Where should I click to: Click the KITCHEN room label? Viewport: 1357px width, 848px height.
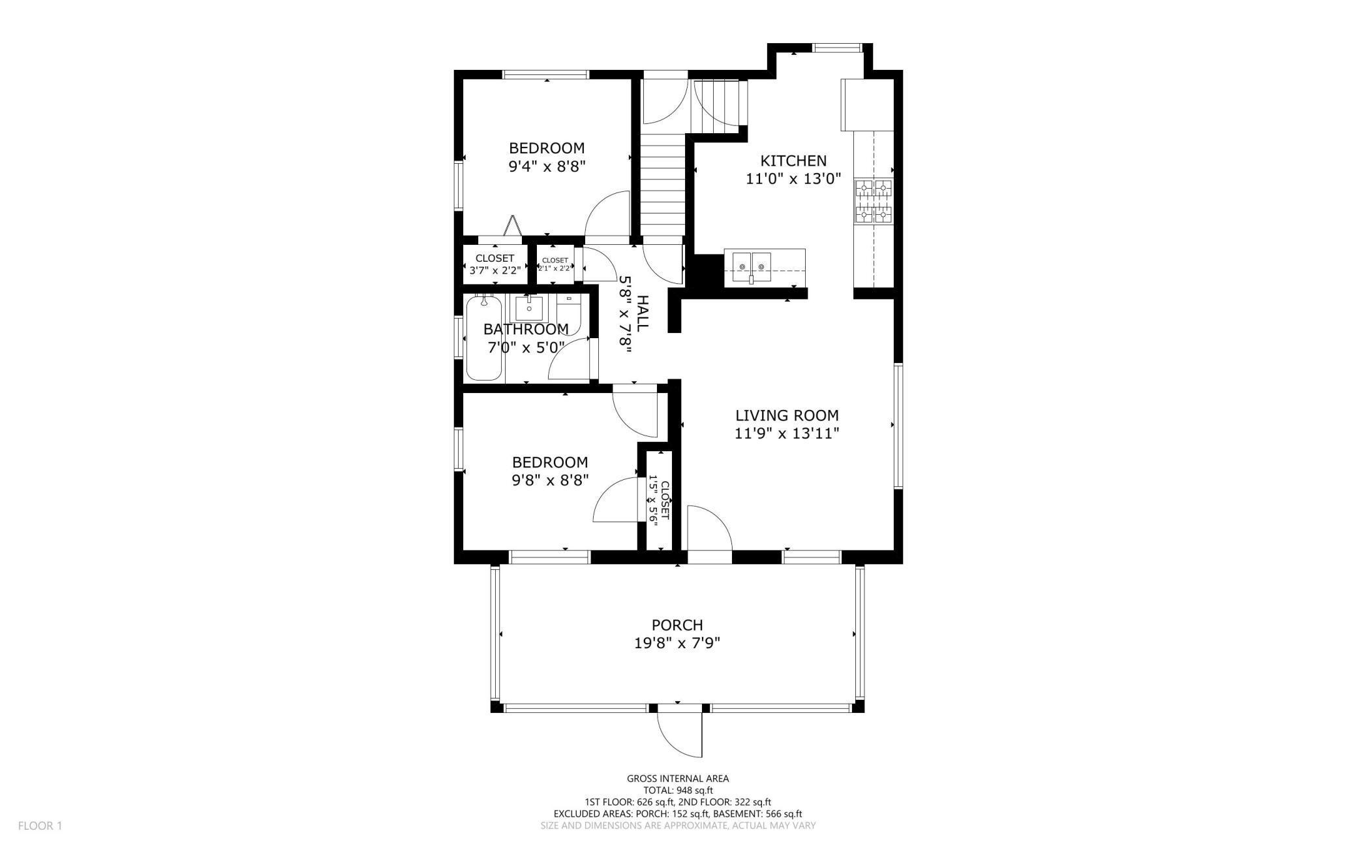(x=793, y=161)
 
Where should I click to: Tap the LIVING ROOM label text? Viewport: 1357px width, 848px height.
(x=787, y=415)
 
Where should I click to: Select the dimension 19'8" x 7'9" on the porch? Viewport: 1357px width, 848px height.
(x=677, y=644)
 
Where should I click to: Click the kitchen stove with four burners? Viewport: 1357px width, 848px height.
(x=874, y=201)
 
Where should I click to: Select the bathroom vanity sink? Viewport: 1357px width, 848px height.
(x=528, y=307)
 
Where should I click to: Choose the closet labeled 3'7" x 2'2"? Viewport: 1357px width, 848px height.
(x=495, y=264)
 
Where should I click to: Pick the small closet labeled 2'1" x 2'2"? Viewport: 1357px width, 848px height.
(x=555, y=264)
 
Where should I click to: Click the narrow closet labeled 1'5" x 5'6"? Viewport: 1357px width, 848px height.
(x=658, y=500)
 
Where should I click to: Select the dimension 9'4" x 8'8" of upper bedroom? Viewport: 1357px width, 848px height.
(x=547, y=166)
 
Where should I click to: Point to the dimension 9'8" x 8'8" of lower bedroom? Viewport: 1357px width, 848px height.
(x=550, y=480)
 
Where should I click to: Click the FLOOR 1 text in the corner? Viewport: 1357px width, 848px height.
(x=40, y=826)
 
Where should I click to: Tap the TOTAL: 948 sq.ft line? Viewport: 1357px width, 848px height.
(x=677, y=790)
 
